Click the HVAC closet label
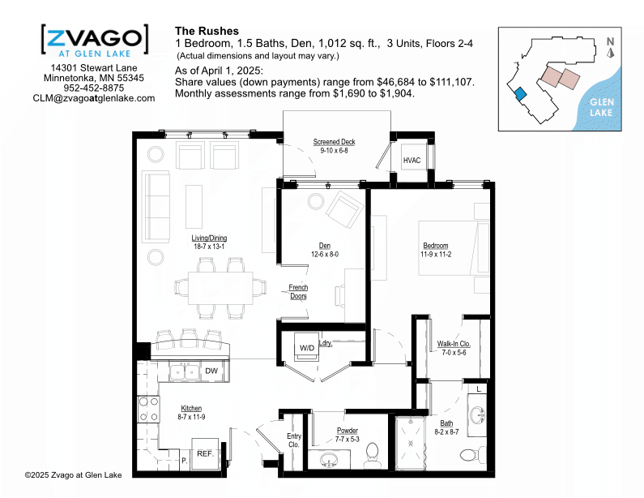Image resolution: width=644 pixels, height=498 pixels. (x=412, y=161)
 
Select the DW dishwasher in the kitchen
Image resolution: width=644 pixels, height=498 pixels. (x=211, y=371)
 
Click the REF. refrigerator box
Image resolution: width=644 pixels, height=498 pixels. (x=205, y=454)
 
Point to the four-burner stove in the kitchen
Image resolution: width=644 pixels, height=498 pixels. (x=148, y=409)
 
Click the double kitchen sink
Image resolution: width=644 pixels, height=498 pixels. (x=185, y=371)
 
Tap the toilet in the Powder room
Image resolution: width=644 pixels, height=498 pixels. (x=373, y=456)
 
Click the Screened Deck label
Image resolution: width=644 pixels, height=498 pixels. (x=334, y=142)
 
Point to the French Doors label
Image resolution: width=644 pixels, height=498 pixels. (x=298, y=291)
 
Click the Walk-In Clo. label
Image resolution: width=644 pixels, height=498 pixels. (x=454, y=344)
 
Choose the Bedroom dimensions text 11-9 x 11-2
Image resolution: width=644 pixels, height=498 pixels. (x=436, y=255)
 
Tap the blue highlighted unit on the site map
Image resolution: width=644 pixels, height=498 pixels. (x=519, y=94)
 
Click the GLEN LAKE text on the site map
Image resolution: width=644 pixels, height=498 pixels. (x=601, y=107)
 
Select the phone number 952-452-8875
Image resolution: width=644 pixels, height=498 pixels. (x=94, y=88)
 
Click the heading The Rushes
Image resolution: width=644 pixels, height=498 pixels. (x=207, y=32)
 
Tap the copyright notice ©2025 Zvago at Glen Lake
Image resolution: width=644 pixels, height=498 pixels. (x=74, y=475)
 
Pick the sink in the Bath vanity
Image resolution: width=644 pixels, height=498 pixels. (x=477, y=415)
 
